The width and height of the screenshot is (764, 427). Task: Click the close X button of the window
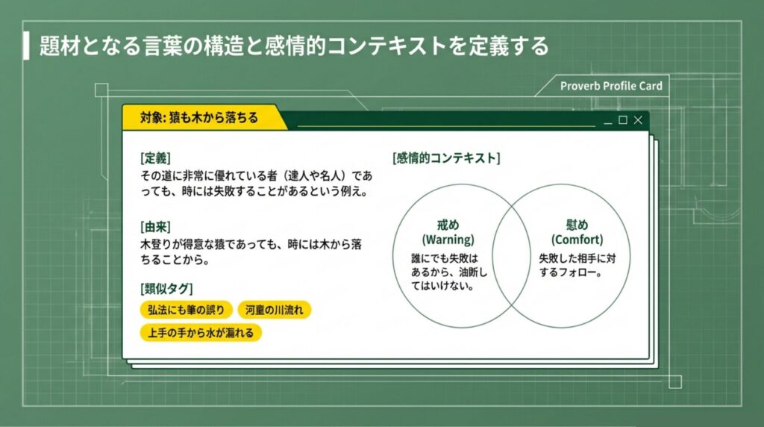point(638,120)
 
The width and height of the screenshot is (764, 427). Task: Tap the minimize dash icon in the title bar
point(608,121)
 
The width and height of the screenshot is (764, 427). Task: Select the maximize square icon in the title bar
point(623,120)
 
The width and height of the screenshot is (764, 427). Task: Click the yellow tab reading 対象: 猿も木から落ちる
point(199,118)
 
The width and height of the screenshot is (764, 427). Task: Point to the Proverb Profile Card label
point(611,86)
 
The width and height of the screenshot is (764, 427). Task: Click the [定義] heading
point(155,158)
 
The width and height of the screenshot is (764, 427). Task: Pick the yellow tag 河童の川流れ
point(274,310)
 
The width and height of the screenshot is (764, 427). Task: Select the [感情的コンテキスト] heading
point(446,158)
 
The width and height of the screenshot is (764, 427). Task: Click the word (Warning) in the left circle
point(448,240)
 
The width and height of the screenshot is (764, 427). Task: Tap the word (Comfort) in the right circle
point(577,240)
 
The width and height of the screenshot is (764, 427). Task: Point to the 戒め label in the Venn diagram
point(448,225)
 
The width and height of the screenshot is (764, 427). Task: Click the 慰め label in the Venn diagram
point(577,225)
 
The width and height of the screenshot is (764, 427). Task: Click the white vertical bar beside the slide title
point(26,46)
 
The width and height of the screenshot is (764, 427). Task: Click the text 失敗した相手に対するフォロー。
point(577,265)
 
